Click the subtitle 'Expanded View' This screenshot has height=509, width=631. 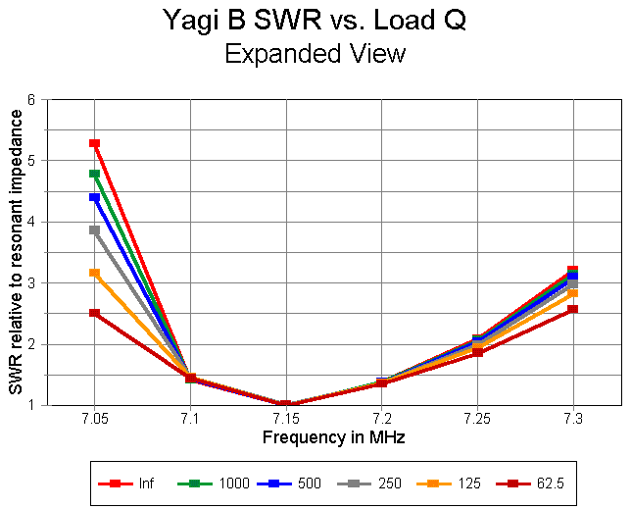tap(315, 53)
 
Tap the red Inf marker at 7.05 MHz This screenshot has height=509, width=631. tap(95, 143)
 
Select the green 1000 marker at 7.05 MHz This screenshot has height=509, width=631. tap(95, 174)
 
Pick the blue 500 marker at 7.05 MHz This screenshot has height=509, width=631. tap(95, 197)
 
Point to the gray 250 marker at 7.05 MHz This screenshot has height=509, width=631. tap(95, 230)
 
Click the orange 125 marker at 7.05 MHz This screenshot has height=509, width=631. tap(95, 273)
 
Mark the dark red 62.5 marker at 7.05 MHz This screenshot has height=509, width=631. tap(95, 313)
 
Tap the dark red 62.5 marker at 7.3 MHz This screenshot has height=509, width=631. tap(572, 309)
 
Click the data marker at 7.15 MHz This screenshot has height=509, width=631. tap(285, 404)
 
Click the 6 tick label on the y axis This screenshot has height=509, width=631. tap(32, 99)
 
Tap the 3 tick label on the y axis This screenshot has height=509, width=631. tap(32, 282)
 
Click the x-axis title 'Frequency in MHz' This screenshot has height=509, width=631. tap(333, 436)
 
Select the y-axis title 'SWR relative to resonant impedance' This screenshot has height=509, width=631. tap(16, 252)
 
